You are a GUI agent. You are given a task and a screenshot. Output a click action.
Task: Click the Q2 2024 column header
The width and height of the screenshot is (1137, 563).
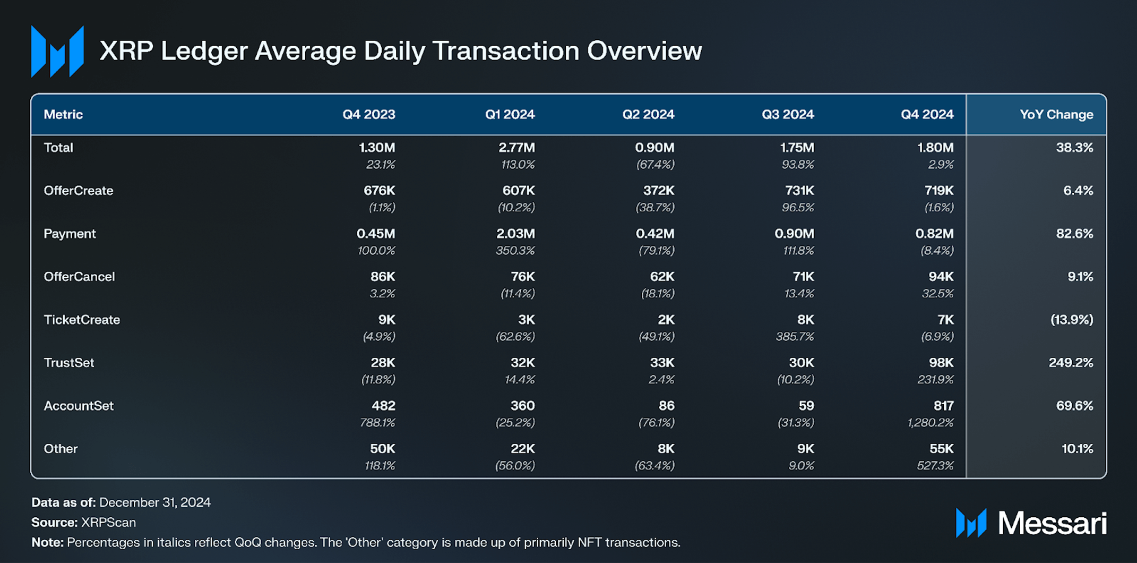click(648, 115)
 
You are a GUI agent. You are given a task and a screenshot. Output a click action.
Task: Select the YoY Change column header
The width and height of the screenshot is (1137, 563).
click(1056, 115)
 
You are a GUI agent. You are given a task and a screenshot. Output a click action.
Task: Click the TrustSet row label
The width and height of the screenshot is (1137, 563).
click(69, 363)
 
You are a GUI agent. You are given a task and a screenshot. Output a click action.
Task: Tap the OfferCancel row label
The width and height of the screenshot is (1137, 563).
click(79, 277)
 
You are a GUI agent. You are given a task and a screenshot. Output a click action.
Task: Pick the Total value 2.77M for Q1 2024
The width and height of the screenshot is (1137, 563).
click(516, 148)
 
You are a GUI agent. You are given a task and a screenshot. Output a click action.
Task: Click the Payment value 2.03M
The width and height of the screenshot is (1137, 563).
click(515, 234)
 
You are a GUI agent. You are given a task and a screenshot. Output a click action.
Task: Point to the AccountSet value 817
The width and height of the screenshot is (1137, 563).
click(943, 406)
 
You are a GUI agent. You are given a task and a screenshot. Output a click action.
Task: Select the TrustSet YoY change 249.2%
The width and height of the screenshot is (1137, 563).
click(1070, 363)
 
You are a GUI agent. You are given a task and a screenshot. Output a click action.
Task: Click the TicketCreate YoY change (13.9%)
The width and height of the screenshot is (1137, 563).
click(1071, 320)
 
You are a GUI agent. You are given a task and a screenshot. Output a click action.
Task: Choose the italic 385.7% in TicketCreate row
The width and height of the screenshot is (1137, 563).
click(794, 337)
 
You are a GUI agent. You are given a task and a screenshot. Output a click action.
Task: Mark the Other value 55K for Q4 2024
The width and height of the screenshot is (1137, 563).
click(941, 449)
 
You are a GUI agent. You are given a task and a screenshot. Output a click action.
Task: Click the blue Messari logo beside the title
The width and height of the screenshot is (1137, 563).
click(57, 52)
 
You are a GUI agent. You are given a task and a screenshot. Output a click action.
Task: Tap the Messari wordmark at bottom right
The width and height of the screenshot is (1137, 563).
click(1052, 524)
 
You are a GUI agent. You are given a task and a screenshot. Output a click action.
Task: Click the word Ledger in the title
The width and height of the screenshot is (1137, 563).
click(204, 52)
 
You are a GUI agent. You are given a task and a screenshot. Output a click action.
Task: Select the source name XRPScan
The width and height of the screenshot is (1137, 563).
click(108, 523)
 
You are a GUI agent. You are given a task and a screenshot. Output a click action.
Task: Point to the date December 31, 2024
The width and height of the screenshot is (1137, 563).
click(154, 502)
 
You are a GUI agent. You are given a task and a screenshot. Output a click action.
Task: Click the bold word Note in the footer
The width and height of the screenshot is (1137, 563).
click(47, 543)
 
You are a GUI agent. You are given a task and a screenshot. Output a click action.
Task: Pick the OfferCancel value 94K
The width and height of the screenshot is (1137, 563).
click(941, 277)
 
